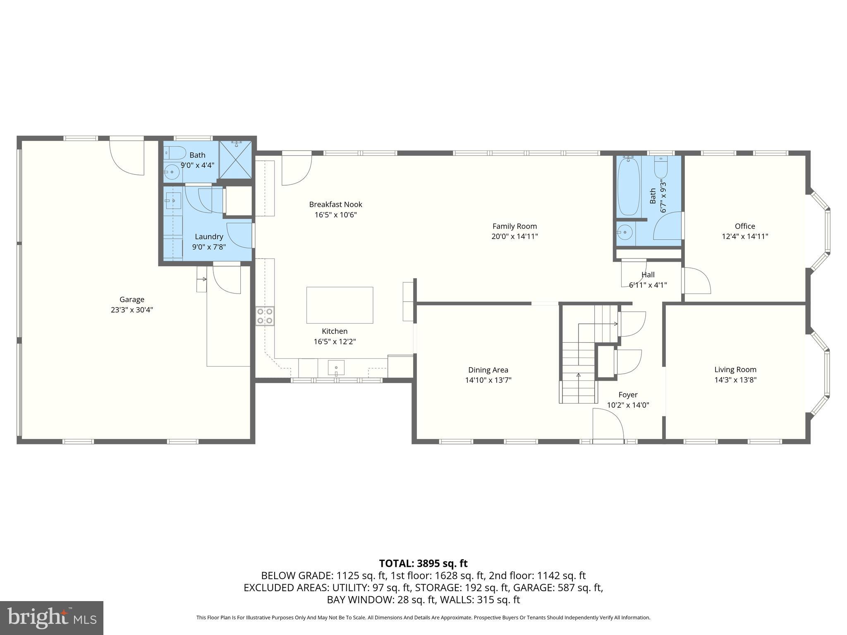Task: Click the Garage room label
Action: tap(132, 299)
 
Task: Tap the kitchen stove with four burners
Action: tap(265, 316)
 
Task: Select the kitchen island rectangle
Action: tap(340, 305)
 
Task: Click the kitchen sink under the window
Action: tap(336, 368)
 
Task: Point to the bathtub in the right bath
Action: tap(629, 187)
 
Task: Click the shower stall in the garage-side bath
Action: tap(235, 159)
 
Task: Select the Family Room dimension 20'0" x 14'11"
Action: tap(514, 236)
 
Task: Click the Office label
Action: tap(744, 226)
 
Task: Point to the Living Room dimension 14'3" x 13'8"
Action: tap(735, 380)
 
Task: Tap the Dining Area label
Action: tap(488, 370)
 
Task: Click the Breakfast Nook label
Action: tap(335, 204)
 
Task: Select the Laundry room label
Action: tap(209, 236)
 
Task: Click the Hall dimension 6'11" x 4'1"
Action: tap(648, 285)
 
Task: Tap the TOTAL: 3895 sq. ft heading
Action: tap(423, 563)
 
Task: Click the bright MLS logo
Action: tap(51, 618)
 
